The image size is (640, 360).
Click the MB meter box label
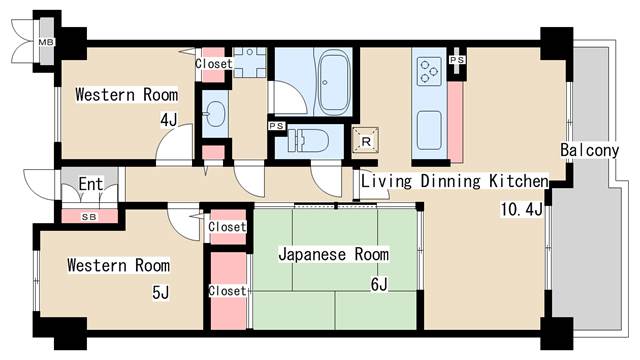(x=46, y=42)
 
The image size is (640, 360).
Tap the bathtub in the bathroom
(x=333, y=82)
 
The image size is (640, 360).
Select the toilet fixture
(x=308, y=140)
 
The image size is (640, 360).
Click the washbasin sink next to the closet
(x=215, y=114)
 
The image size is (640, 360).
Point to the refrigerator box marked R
(x=365, y=140)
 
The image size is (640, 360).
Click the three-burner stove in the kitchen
(x=429, y=71)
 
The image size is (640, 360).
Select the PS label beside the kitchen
(x=457, y=60)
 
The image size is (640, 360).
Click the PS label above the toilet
(x=276, y=126)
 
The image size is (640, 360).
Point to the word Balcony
(x=589, y=150)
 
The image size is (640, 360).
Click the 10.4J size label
(x=522, y=209)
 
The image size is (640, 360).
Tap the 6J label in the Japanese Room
(x=379, y=284)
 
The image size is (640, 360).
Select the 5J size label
(x=160, y=292)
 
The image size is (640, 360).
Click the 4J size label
(x=169, y=120)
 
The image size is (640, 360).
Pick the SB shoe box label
(x=89, y=217)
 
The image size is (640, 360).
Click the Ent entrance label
(x=91, y=184)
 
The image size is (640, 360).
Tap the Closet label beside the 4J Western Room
(x=213, y=64)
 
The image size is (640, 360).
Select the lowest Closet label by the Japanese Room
(x=227, y=291)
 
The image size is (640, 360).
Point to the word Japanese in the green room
(x=312, y=255)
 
